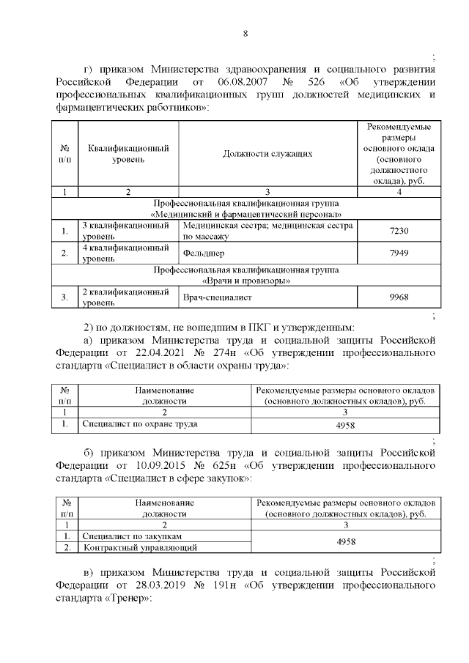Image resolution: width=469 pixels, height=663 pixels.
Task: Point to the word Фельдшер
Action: click(204, 253)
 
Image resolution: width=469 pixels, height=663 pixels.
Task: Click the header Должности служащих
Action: click(267, 154)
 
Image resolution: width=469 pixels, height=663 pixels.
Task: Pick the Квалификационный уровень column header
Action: click(128, 154)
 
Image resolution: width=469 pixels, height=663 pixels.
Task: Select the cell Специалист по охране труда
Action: click(140, 423)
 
